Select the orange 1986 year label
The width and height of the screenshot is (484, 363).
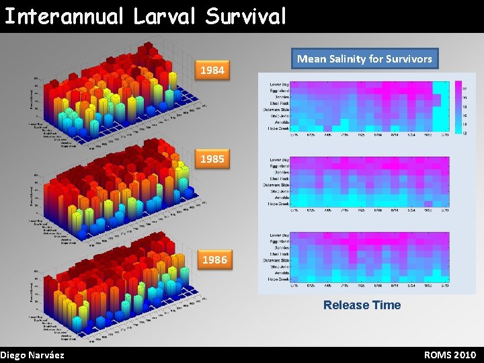214,259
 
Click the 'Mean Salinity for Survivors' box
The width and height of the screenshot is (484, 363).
364,59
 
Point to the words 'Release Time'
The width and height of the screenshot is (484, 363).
362,305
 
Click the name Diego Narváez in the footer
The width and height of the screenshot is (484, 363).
32,355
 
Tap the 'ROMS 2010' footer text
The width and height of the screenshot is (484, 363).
450,355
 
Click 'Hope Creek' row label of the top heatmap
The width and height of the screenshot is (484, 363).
278,128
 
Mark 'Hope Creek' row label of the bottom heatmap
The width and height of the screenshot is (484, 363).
278,279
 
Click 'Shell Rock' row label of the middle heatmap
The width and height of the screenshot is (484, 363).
278,178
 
